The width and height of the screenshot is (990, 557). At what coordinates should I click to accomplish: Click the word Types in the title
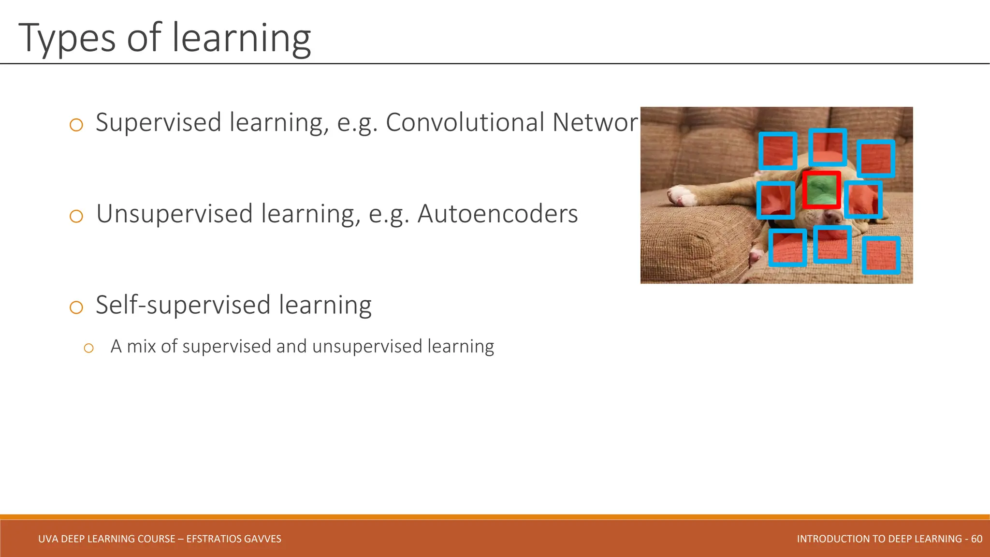67,39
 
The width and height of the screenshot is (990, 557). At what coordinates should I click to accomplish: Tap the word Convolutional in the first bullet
465,122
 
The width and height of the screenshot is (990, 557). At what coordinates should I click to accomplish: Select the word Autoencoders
497,214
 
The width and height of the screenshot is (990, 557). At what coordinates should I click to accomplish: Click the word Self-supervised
183,306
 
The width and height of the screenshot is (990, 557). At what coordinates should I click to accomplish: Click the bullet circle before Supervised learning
76,125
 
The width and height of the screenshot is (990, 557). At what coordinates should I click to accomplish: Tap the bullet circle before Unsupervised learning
76,216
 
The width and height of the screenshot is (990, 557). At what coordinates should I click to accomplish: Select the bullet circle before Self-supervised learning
76,307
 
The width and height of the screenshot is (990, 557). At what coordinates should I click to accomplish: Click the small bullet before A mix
88,348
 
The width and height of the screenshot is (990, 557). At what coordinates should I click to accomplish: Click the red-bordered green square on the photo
821,190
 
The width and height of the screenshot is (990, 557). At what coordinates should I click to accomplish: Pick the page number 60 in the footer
976,539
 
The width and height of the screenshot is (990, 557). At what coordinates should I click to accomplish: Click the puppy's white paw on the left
682,196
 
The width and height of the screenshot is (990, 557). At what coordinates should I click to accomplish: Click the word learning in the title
241,39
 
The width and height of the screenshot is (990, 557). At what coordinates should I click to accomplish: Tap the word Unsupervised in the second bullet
175,214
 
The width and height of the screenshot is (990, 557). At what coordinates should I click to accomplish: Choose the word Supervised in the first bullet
159,122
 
